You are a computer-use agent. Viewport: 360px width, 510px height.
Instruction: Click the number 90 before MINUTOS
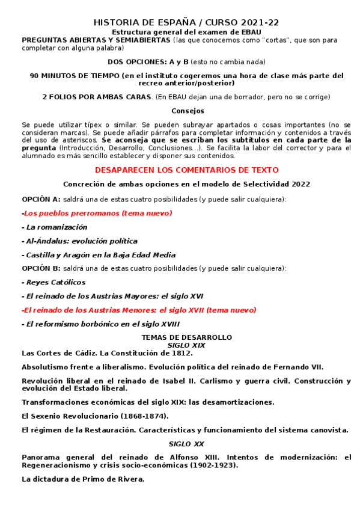coord(34,76)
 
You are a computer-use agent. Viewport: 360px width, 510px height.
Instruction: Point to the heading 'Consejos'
coord(188,111)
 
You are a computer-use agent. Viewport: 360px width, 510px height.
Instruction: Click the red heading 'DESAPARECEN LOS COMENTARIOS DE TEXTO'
coord(186,170)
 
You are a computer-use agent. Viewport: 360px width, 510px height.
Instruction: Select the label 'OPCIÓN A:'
coord(41,198)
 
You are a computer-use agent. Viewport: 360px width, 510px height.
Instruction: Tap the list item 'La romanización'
coord(55,227)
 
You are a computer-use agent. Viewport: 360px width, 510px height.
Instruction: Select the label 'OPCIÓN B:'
coord(41,268)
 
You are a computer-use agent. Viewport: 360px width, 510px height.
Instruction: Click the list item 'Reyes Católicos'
coord(55,282)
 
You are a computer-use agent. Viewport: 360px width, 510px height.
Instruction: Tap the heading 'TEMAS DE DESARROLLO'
coord(186,337)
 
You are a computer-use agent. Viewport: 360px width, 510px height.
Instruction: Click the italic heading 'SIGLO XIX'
coord(186,345)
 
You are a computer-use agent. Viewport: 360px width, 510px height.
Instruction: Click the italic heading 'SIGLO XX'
coord(186,444)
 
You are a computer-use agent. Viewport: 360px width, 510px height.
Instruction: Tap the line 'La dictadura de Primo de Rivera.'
coord(83,479)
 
